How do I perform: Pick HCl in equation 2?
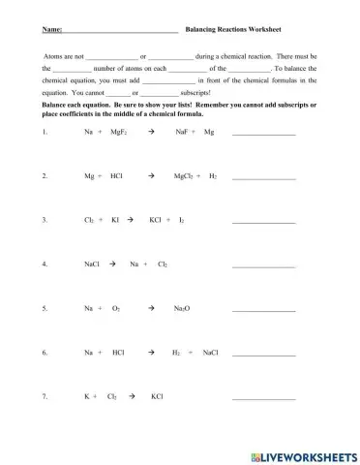click(x=117, y=177)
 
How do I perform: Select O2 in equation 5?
click(x=116, y=309)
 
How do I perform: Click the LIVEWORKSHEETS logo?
click(x=304, y=455)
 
